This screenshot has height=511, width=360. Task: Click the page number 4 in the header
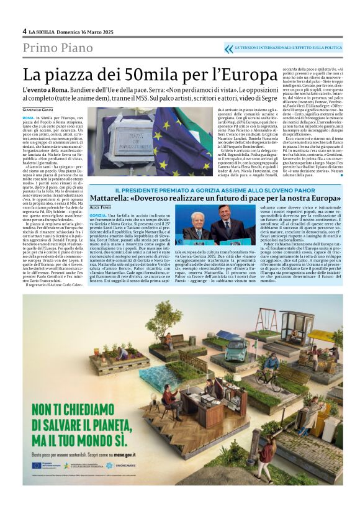[x=24, y=31]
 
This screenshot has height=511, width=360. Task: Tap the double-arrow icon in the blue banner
[x=229, y=48]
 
